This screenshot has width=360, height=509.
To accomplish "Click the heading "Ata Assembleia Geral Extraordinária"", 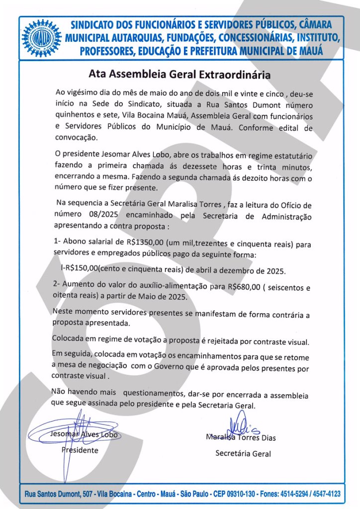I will (x=180, y=75).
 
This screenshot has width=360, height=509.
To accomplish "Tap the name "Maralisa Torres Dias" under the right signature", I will (x=241, y=438).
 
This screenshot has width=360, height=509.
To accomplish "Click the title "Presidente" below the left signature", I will (x=80, y=450).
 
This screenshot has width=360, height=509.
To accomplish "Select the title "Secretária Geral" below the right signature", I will (x=243, y=453).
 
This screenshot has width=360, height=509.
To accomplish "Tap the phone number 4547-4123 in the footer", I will (x=324, y=495).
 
